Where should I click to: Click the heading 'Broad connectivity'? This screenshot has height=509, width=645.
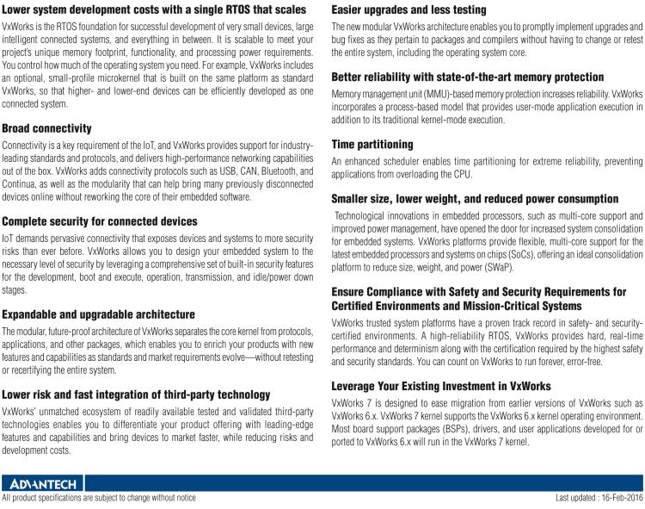pyautogui.click(x=46, y=128)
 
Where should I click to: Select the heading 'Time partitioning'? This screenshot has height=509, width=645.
pyautogui.click(x=372, y=144)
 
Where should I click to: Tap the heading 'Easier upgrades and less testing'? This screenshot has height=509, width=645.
pyautogui.click(x=408, y=10)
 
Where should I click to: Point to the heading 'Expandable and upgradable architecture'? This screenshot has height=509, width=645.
pyautogui.click(x=98, y=314)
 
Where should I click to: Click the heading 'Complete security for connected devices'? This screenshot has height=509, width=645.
pyautogui.click(x=99, y=221)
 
